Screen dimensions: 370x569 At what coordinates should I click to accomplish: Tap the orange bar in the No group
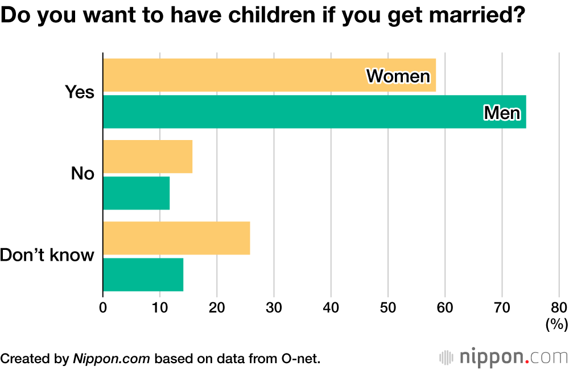[148, 156]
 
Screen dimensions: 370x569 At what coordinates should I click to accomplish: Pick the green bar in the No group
[137, 193]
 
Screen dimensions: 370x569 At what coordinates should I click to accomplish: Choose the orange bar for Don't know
[176, 238]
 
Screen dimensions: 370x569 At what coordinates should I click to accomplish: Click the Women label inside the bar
[398, 76]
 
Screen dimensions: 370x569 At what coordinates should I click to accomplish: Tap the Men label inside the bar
[502, 113]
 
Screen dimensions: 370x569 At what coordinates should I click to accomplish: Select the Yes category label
[79, 92]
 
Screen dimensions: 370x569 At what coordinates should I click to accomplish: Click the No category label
[83, 174]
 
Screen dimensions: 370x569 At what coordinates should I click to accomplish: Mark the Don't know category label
[47, 255]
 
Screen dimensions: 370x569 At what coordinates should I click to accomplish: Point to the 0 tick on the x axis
[103, 308]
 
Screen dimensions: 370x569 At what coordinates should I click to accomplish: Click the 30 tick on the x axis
[274, 308]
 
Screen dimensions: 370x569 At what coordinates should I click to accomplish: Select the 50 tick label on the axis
[387, 308]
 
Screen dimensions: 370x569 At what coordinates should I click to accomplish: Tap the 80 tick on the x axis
[559, 308]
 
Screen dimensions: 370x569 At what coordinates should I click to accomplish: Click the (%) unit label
[556, 324]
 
